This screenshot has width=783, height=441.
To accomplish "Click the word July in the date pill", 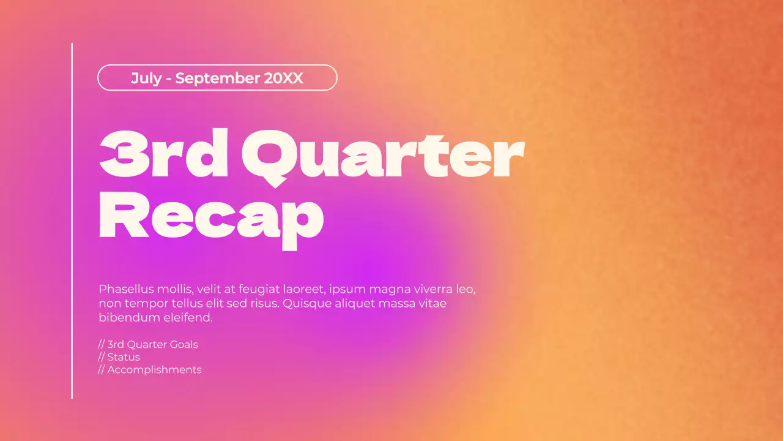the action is tap(146, 78).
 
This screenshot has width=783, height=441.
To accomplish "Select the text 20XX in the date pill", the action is tap(283, 78).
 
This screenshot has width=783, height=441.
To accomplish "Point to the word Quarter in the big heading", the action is tap(383, 157).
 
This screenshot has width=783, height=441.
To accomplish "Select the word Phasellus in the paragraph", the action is tap(126, 289).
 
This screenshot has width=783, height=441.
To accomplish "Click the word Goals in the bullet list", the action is tap(184, 344).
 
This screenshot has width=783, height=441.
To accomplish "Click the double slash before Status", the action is tap(102, 357).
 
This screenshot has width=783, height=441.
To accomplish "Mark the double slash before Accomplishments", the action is tap(102, 369).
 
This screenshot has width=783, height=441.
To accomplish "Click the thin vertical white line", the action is tap(72, 221).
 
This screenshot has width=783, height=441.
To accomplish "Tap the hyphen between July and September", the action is tap(168, 79).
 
